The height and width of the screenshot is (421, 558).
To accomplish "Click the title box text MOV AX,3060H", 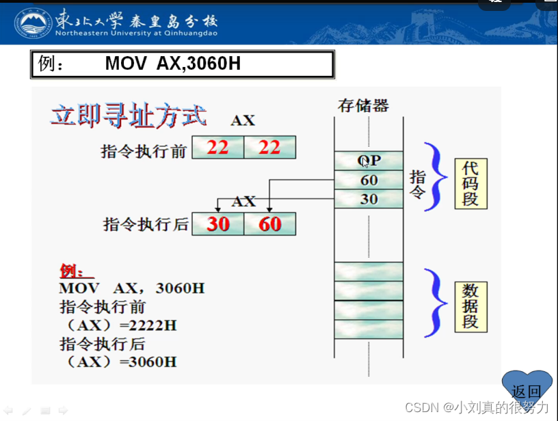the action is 172,64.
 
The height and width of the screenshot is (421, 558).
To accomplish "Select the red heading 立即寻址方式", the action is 129,116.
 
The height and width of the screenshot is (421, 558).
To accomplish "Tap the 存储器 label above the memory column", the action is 363,105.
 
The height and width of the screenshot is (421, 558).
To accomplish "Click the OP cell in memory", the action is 369,161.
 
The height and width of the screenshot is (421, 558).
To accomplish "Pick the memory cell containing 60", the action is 369,180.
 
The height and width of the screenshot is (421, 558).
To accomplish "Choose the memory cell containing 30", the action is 369,199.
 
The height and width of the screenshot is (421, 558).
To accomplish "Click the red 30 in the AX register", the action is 218,223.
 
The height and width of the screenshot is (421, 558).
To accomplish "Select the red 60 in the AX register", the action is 270,223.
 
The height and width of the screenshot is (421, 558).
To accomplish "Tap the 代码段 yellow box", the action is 470,183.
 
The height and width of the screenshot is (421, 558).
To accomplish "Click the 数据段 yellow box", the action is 470,304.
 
